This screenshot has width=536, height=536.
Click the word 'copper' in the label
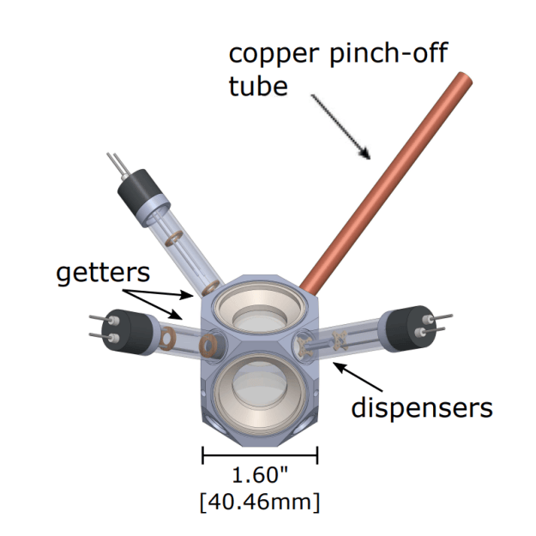coord(274,54)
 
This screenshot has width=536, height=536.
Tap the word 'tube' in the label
coord(258,86)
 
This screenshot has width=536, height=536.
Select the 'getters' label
coord(103,273)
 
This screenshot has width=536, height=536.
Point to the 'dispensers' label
coord(422,407)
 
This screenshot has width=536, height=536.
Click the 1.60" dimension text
coord(260,475)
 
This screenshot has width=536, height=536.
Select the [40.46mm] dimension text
coord(260,503)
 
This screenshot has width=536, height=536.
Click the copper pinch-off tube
coord(386,183)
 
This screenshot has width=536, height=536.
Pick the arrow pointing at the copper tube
coord(340,126)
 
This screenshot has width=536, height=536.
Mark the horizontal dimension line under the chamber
coord(260,455)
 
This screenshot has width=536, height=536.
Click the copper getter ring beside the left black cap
coord(167,339)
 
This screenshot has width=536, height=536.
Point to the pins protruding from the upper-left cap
coord(118,165)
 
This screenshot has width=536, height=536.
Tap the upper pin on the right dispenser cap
coord(438,317)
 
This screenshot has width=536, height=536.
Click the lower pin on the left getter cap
coord(104,337)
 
